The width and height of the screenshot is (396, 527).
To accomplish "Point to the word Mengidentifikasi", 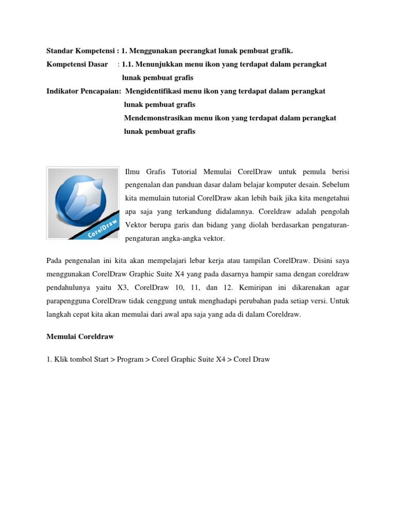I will click(x=158, y=91).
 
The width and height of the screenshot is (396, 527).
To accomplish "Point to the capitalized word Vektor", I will click(x=135, y=225).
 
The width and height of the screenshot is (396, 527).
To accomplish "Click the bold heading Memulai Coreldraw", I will click(x=80, y=336).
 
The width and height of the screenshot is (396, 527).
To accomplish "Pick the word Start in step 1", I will click(x=101, y=360).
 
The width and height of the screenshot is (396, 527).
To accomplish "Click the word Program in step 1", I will click(x=130, y=360).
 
